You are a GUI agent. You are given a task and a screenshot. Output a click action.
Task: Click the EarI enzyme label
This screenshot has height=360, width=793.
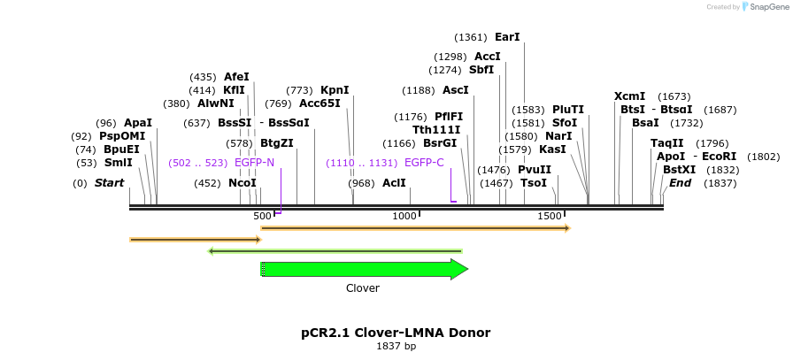507,37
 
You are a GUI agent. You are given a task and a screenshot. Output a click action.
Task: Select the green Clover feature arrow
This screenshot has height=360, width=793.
363,269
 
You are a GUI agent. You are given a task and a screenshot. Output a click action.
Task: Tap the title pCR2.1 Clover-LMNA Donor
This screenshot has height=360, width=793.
396,333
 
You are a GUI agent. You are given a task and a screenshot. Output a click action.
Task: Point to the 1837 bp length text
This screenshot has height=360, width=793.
396,346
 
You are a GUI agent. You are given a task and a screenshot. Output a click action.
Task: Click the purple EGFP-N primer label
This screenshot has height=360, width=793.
254,163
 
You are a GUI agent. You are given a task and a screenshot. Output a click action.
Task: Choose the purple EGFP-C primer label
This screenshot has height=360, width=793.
424,163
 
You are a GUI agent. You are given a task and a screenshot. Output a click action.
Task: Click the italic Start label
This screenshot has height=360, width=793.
109,183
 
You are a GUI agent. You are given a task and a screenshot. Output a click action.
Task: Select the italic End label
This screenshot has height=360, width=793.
680,183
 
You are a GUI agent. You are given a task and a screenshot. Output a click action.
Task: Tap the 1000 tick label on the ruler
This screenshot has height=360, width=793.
404,216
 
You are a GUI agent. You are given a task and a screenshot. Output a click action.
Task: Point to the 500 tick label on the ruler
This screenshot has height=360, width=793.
262,216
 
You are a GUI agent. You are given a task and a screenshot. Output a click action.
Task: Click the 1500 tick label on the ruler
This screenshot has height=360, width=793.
550,216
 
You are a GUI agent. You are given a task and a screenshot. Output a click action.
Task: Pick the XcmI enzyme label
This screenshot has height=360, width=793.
629,96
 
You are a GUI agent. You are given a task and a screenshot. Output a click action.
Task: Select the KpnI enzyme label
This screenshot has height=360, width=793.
335,90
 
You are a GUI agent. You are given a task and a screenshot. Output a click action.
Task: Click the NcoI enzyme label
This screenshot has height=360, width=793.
243,183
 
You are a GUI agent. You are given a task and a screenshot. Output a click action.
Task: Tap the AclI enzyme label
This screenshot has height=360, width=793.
394,183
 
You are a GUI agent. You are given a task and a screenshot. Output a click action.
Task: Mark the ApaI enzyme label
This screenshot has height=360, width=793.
138,123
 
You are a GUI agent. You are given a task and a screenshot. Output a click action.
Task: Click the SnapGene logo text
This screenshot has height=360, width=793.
766,7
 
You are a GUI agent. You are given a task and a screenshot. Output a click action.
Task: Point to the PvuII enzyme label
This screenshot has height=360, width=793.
534,170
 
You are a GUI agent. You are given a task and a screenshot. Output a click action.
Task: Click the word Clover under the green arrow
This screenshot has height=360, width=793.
363,288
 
